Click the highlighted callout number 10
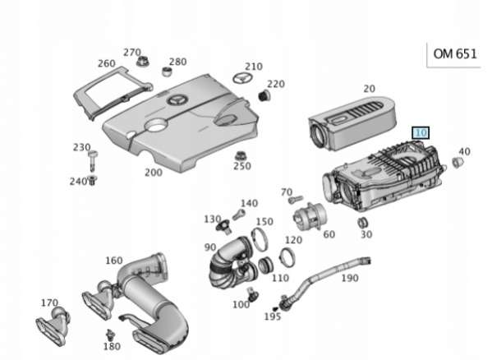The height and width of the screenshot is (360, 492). pyautogui.click(x=421, y=133)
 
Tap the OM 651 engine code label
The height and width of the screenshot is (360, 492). pyautogui.click(x=455, y=54)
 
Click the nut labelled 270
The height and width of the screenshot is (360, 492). pyautogui.click(x=143, y=61)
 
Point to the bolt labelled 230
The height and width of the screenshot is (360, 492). pyautogui.click(x=93, y=161)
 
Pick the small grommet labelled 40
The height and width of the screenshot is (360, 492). pyautogui.click(x=458, y=162)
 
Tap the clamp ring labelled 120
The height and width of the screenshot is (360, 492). pyautogui.click(x=287, y=257)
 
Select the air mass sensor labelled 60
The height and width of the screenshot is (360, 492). pyautogui.click(x=310, y=216)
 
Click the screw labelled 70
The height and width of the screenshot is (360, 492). pyautogui.click(x=296, y=199)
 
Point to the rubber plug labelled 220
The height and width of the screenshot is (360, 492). pyautogui.click(x=264, y=95)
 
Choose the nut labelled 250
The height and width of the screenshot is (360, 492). pyautogui.click(x=241, y=155)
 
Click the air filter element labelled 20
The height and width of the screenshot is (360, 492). pyautogui.click(x=352, y=123)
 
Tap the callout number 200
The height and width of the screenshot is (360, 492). pyautogui.click(x=154, y=173)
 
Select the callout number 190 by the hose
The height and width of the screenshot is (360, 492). pyautogui.click(x=350, y=278)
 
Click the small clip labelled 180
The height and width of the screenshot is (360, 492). pyautogui.click(x=110, y=335)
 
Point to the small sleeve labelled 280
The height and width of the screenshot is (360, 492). pyautogui.click(x=168, y=72)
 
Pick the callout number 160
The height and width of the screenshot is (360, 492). pyautogui.click(x=114, y=261)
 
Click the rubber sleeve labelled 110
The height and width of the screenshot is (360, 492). pyautogui.click(x=265, y=265)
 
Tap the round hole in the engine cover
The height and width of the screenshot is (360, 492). pyautogui.click(x=155, y=124)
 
